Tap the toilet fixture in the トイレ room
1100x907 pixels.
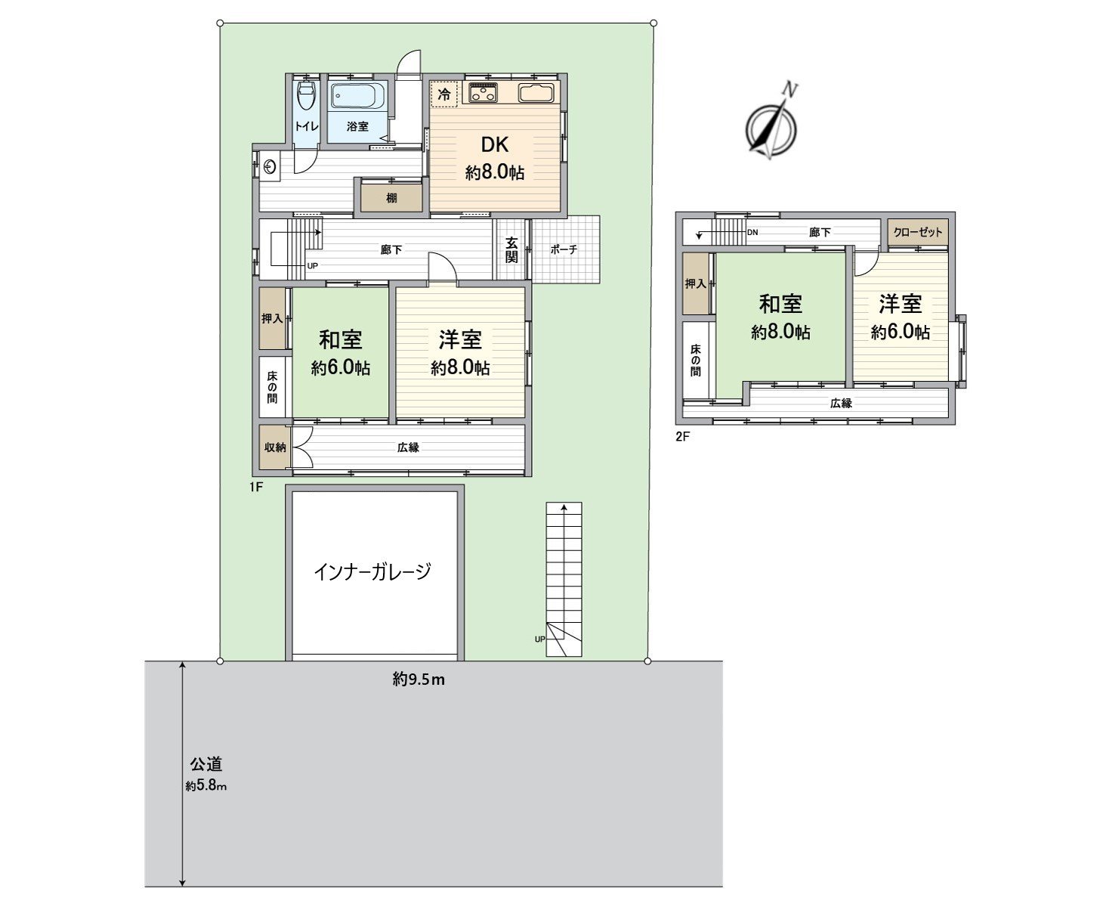coord(306,98)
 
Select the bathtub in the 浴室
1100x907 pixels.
coord(359,98)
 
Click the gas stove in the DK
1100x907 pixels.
coord(483,94)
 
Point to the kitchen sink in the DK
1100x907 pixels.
coord(536,94)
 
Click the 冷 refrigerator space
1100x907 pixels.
coord(444,94)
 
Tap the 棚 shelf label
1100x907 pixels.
coord(391,198)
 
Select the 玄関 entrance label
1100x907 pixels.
coord(511,249)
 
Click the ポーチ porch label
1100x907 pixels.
coord(564,249)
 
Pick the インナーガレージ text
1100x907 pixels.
coord(372,571)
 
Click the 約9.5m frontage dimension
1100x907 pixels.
coord(419,679)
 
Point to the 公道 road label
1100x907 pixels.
coord(205,764)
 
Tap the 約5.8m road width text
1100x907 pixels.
coord(206,786)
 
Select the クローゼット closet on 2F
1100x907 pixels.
coord(918,232)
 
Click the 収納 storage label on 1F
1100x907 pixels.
coord(274,447)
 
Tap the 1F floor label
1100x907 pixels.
coord(255,488)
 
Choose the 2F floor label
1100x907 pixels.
coord(684,436)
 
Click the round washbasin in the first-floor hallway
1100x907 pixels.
coord(270,166)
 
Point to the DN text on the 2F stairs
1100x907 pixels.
coord(752,232)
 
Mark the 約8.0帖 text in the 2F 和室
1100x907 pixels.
coord(781,332)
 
